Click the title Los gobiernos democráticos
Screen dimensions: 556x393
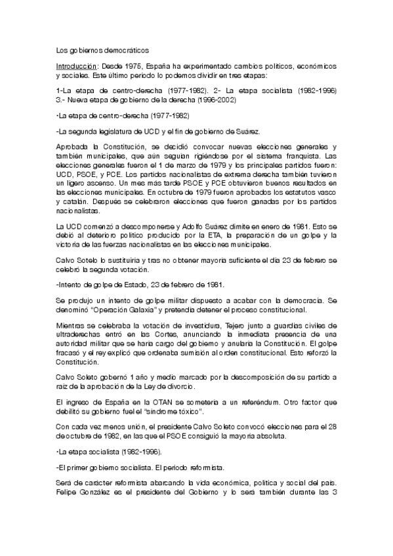(x=103, y=50)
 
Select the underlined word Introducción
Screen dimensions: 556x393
(x=76, y=67)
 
